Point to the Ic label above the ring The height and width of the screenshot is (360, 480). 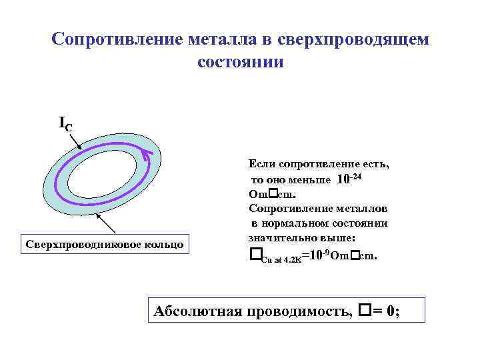coord(65,123)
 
